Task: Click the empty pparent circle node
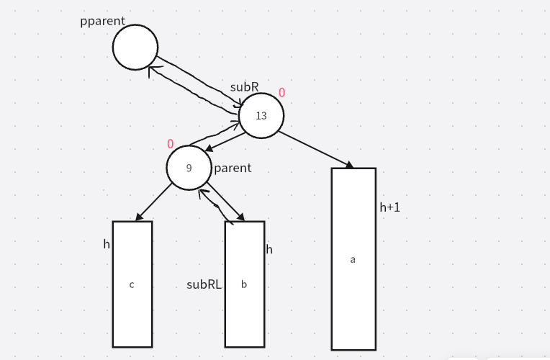135,48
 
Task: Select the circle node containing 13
261,115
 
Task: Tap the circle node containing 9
189,168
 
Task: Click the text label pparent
103,21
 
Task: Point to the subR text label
244,87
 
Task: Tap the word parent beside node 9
233,168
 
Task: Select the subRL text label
204,284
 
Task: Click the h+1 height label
389,207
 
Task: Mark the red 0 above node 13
281,93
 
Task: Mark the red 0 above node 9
171,144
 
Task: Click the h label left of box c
107,244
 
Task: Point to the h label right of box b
269,250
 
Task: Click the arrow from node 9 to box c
153,202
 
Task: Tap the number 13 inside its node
261,116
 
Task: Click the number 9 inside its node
189,168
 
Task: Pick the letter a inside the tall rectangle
353,259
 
